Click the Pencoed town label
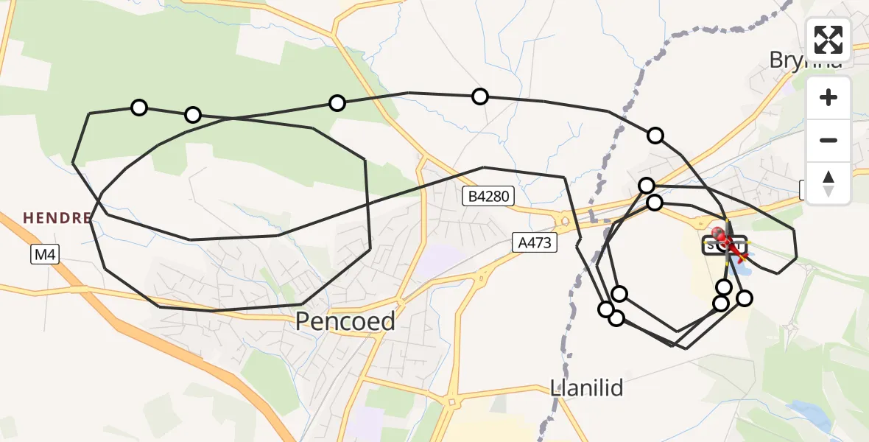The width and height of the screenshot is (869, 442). click(345, 321)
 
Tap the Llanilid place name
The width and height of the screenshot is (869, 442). click(588, 387)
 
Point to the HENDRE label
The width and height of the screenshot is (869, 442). click(57, 218)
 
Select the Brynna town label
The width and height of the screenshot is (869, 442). click(805, 60)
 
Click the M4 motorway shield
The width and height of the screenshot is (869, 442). click(45, 255)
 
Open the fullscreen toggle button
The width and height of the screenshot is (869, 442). click(828, 40)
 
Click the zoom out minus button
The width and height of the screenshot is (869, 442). click(828, 140)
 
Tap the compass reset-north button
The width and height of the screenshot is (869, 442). click(828, 183)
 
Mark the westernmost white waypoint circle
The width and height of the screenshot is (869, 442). click(139, 108)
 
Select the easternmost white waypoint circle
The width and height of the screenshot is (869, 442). click(745, 298)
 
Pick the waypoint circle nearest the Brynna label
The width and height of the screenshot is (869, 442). click(655, 136)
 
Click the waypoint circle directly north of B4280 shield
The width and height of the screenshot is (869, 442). click(480, 96)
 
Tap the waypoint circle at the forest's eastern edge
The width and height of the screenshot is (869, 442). click(337, 103)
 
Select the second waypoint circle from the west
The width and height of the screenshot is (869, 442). click(193, 115)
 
